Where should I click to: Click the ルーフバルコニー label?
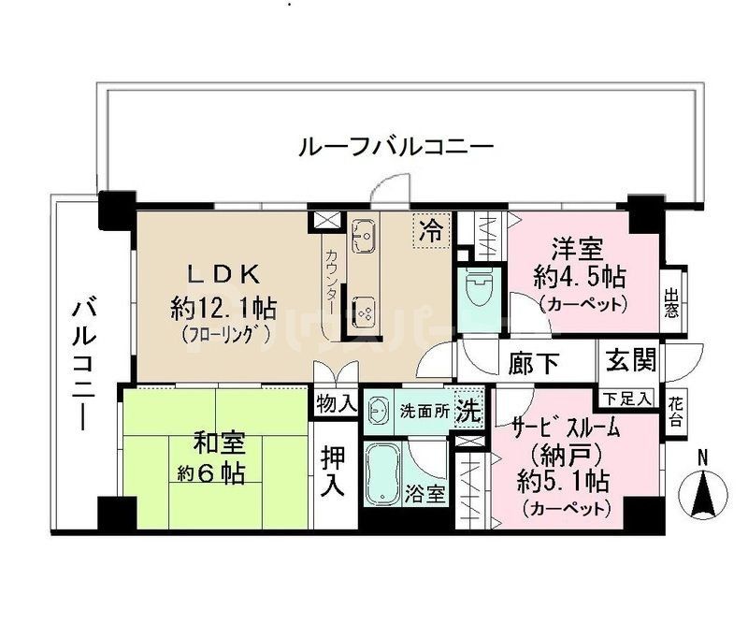coord(396,148)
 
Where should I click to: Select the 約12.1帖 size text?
coord(223,305)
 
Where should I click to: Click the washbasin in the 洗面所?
coord(379,411)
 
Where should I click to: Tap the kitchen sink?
coord(365,239)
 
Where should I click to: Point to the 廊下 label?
coord(534,362)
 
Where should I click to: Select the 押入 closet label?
coord(334,472)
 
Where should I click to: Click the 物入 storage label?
coord(337,404)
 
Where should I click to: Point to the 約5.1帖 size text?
coord(564,482)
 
